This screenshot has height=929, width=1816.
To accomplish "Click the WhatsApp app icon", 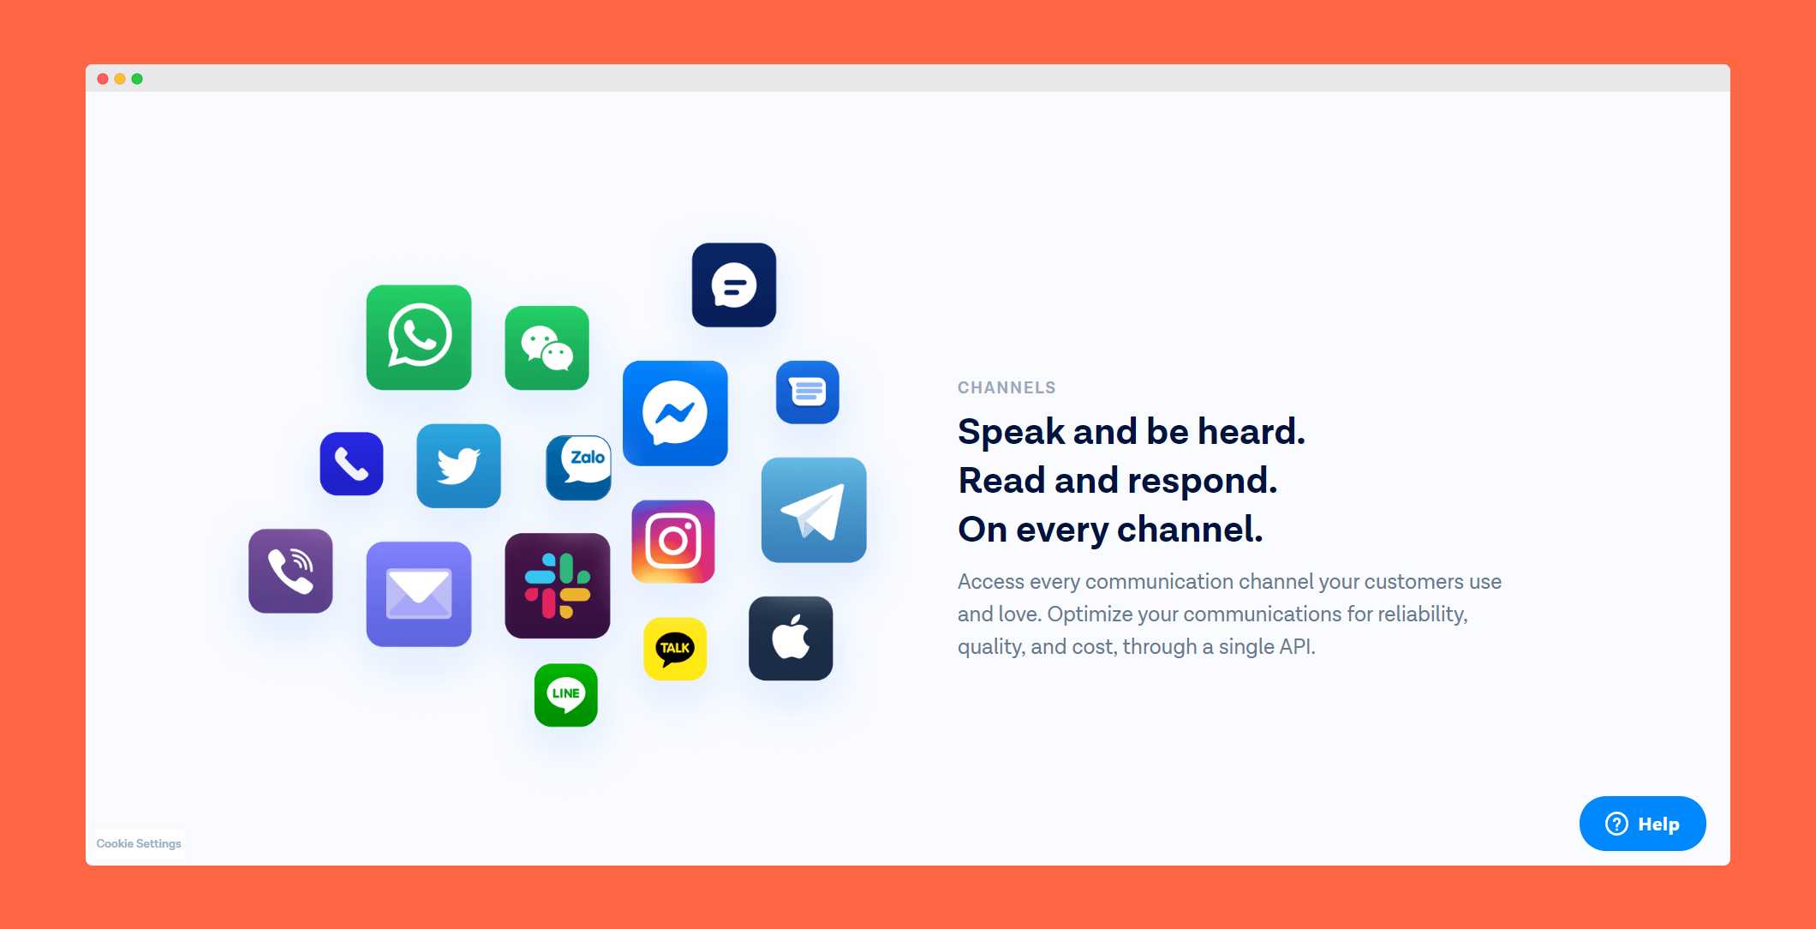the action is tap(419, 338).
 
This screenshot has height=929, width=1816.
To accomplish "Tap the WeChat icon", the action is tap(547, 348).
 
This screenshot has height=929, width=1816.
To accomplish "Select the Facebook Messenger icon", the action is tap(675, 413).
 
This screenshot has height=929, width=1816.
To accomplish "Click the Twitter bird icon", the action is tap(458, 465).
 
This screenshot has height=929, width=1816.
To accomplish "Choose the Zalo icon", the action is tap(578, 467).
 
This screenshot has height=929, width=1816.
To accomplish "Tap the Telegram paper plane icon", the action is tap(814, 510).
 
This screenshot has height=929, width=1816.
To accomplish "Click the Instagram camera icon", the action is tap(673, 542).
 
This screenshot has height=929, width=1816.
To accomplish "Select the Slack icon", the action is tap(558, 585).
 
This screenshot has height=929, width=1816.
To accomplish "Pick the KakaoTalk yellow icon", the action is tap(675, 649).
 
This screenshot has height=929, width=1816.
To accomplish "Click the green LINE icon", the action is tap(566, 695).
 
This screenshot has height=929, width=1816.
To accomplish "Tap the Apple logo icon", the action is tap(791, 638).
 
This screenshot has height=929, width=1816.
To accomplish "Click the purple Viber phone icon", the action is tap(290, 571).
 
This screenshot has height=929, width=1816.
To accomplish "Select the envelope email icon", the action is tap(419, 594).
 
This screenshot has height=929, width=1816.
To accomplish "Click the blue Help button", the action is tap(1642, 824).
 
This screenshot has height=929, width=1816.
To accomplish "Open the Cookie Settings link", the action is tap(139, 843).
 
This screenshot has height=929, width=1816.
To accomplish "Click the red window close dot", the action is tap(103, 79).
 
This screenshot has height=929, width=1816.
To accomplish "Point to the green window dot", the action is tap(137, 79).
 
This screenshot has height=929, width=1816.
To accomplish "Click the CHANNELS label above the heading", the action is tap(1007, 387).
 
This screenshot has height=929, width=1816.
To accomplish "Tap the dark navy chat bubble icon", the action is tap(734, 285).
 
